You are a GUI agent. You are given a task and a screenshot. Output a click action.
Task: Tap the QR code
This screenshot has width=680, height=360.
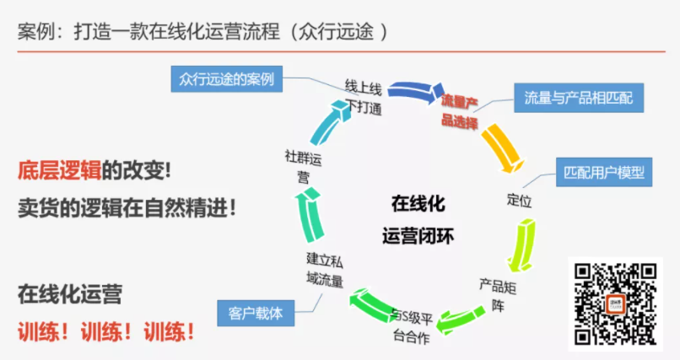pyautogui.click(x=614, y=304)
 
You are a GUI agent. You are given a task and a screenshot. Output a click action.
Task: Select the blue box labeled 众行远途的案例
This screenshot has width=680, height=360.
pyautogui.click(x=226, y=79)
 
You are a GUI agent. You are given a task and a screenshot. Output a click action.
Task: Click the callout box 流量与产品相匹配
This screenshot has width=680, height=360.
pyautogui.click(x=579, y=99)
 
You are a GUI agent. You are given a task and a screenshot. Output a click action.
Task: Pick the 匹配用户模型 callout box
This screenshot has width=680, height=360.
pyautogui.click(x=603, y=173)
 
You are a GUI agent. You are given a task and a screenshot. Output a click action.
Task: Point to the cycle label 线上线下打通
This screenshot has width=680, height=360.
pyautogui.click(x=364, y=97)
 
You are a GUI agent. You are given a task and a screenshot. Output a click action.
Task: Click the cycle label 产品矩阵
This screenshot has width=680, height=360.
pyautogui.click(x=498, y=292)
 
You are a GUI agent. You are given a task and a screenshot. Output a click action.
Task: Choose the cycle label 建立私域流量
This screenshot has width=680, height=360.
pyautogui.click(x=325, y=267)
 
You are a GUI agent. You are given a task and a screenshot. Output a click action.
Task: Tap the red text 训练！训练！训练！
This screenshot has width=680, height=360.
pyautogui.click(x=106, y=330)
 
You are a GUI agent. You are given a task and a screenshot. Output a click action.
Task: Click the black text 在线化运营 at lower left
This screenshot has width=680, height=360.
pyautogui.click(x=69, y=295)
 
